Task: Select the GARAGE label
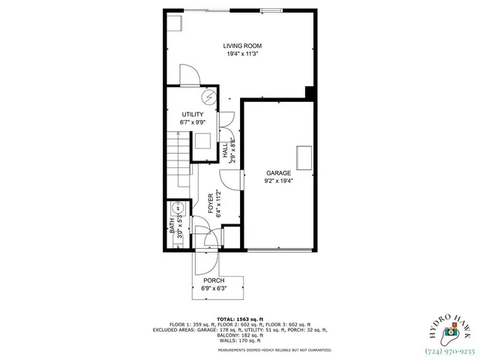(x=278, y=172)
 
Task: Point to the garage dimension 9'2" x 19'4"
(x=278, y=181)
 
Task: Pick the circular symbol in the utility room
(x=209, y=97)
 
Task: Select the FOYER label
(x=210, y=204)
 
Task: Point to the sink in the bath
(x=179, y=209)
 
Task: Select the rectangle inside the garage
(x=304, y=158)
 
